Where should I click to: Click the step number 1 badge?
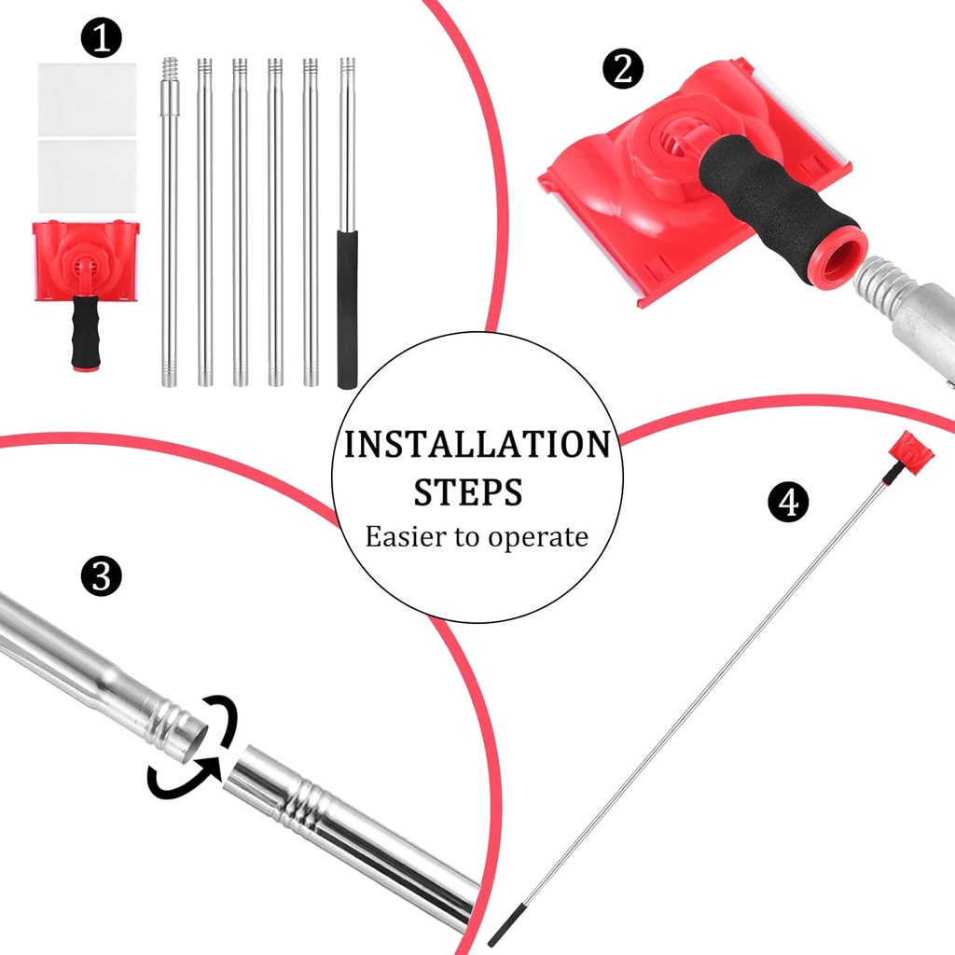point(101,38)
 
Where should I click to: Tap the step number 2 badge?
point(623,68)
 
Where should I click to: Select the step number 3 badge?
point(101,575)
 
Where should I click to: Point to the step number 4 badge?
point(787,502)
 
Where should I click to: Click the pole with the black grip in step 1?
point(348,224)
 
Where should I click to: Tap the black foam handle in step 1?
point(85,333)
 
